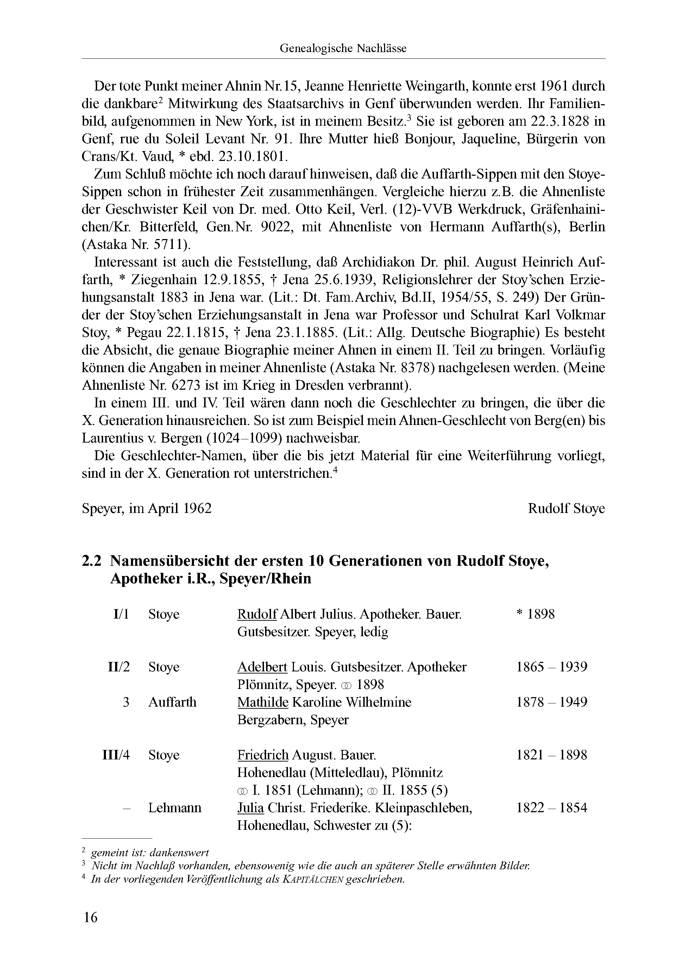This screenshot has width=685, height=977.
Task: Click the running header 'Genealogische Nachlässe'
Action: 343,49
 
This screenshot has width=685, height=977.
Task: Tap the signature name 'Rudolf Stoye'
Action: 566,508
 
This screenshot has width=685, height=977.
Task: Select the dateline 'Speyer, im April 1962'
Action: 147,508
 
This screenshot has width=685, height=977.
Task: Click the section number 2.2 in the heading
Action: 92,561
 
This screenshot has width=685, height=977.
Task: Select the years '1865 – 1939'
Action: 551,667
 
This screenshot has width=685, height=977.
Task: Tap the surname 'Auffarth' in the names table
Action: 172,702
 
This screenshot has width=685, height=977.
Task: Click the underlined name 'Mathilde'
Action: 263,702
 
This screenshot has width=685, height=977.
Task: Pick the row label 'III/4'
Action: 116,755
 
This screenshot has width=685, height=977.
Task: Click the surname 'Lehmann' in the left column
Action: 175,808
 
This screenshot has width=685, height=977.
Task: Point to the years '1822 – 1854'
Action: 551,808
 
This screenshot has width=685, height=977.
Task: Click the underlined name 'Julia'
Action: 251,808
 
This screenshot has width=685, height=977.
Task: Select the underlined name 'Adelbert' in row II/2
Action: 262,667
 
